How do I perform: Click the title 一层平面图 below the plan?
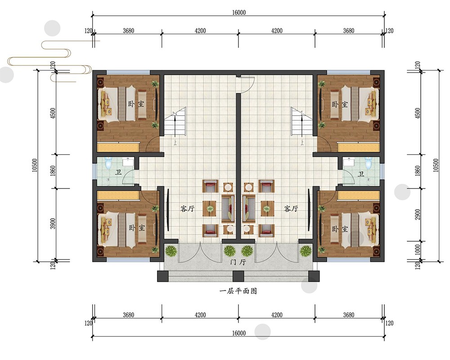coord(238,291)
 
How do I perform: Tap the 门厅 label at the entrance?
coord(238,262)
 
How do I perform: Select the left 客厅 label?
coord(187,208)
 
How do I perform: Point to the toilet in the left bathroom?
coord(108,163)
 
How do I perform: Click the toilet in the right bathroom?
coord(368,163)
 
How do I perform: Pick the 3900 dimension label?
coord(53,224)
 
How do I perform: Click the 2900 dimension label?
coord(418,215)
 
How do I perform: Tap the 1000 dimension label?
coord(418,250)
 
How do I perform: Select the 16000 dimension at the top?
coord(239,13)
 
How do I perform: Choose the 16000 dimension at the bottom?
coord(239,333)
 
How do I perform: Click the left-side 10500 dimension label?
coord(35,165)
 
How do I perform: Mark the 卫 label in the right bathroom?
coord(361,174)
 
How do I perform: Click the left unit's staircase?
coord(175,121)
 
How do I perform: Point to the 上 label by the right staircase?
coord(302,142)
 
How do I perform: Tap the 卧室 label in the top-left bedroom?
coord(136,103)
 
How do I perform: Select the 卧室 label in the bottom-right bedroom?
coord(340,229)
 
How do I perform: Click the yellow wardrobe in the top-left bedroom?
coord(118,147)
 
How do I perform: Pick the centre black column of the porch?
coord(238,276)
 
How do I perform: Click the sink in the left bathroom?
coord(127,162)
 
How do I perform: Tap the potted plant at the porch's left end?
coord(171,251)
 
